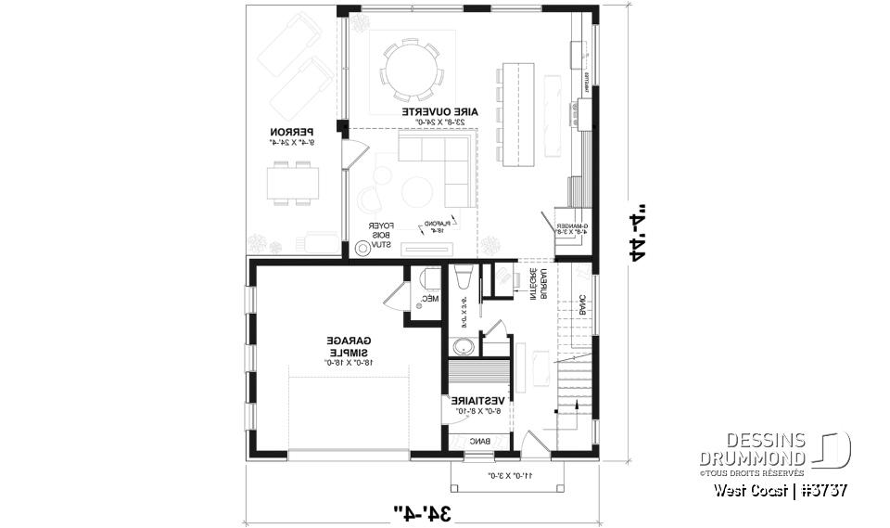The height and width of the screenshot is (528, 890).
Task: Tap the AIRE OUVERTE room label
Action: click(x=440, y=113)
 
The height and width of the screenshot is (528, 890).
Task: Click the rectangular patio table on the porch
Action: click(x=293, y=182)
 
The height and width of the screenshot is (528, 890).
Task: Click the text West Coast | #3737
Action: click(x=781, y=490)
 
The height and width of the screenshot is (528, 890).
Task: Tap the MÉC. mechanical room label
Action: click(x=427, y=299)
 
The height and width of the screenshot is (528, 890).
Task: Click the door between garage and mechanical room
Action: click(x=394, y=295)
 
